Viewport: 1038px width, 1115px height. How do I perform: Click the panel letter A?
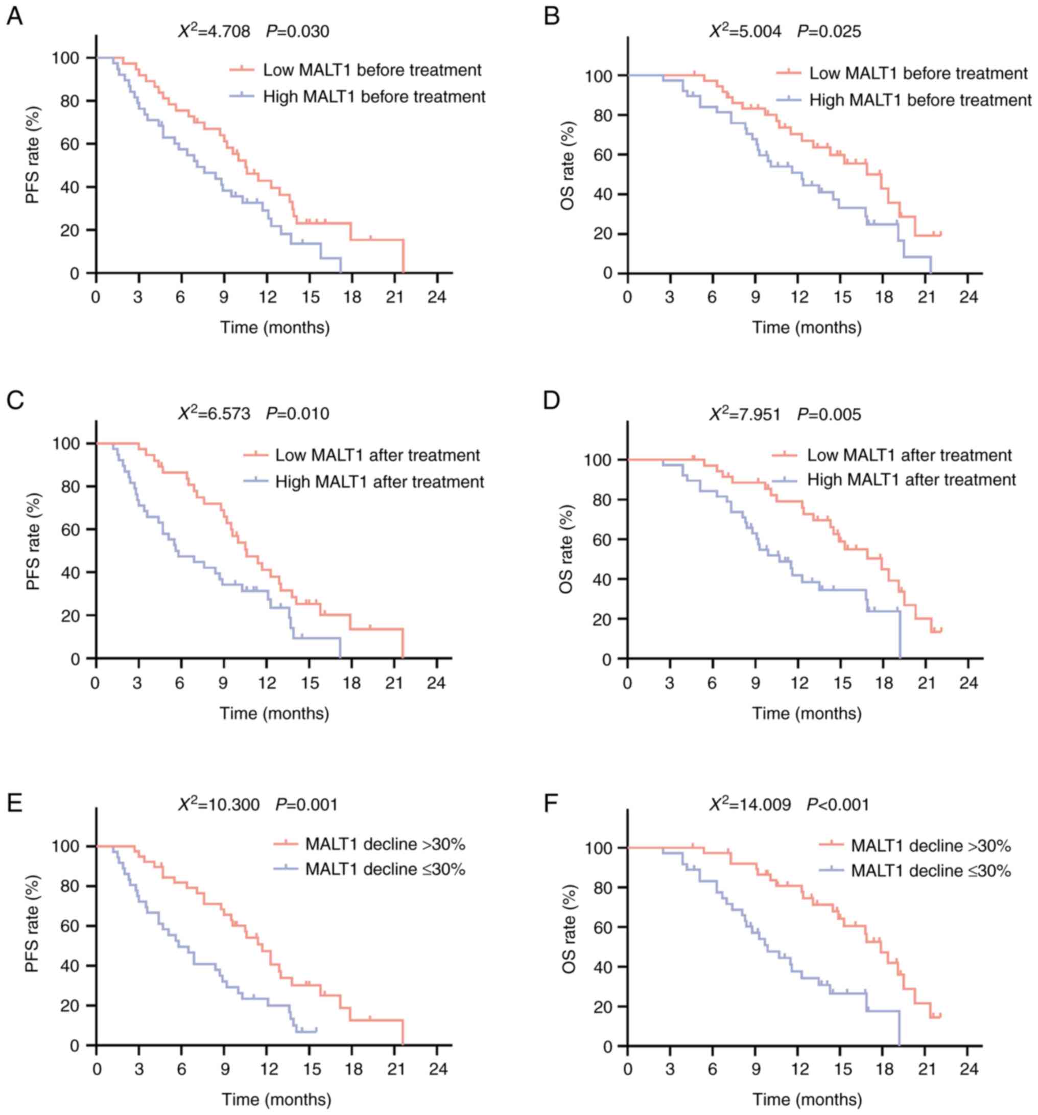click(15, 17)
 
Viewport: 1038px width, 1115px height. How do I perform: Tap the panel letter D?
click(552, 402)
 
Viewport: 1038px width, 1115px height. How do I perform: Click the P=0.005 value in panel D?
click(829, 414)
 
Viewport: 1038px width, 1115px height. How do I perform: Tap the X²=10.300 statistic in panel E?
click(219, 805)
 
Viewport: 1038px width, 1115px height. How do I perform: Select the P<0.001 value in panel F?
click(838, 805)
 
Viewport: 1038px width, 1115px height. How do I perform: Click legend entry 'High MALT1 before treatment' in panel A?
click(374, 97)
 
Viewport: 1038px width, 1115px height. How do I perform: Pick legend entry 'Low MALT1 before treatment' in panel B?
click(918, 74)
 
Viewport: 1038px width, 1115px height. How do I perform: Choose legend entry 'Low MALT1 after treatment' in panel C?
click(378, 455)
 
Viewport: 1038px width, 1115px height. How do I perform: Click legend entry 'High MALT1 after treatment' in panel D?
click(911, 480)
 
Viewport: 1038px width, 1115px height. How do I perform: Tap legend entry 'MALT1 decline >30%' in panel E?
click(385, 844)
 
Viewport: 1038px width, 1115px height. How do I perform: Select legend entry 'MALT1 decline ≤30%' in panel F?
click(930, 871)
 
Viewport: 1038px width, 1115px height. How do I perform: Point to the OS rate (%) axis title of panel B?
click(568, 166)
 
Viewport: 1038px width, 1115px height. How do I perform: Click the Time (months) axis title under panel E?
click(275, 1099)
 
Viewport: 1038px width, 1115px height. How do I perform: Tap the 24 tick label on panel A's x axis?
click(437, 297)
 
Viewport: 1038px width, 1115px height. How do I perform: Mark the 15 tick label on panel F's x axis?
click(842, 1069)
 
